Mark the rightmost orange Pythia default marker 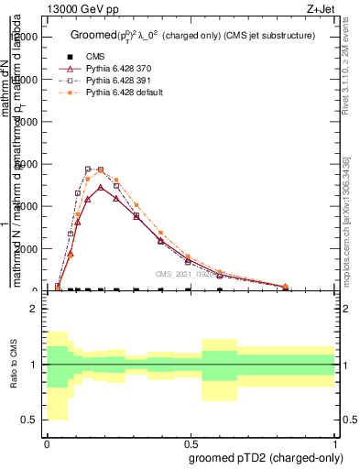click(285, 287)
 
